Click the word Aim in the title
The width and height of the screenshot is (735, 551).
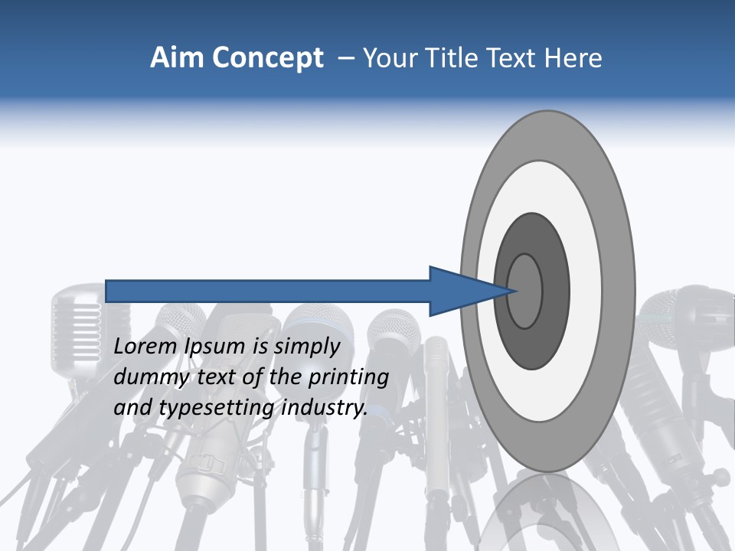(178, 58)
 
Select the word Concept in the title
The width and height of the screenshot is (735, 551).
(268, 58)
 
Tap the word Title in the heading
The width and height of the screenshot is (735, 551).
(452, 58)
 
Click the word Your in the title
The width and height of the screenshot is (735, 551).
(389, 58)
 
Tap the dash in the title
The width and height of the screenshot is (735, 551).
(345, 58)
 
